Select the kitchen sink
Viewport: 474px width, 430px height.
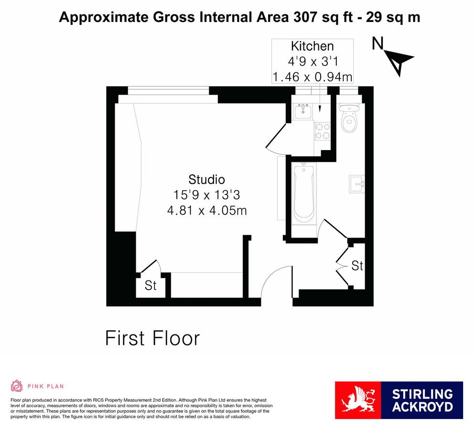point(302,112)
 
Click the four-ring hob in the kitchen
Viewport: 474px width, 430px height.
point(323,131)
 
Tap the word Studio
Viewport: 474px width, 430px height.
point(206,180)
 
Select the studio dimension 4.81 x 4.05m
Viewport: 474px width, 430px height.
point(206,210)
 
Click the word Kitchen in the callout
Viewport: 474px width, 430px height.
point(312,46)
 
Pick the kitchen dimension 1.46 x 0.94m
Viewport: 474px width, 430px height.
point(312,76)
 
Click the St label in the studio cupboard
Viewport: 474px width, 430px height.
point(151,286)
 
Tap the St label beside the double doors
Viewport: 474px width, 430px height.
point(357,266)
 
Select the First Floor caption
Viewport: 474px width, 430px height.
point(152,338)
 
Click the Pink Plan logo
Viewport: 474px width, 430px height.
point(37,386)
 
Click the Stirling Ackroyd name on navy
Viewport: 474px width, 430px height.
point(422,400)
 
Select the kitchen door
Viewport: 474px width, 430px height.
point(274,137)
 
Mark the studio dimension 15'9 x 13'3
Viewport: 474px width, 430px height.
point(206,195)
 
